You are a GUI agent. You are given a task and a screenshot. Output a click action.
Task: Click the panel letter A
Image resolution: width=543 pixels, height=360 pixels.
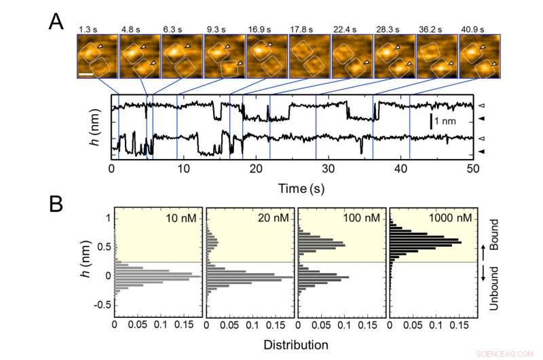[57, 22]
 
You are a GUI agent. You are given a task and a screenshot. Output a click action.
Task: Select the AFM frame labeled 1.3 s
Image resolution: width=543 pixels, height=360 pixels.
[97, 57]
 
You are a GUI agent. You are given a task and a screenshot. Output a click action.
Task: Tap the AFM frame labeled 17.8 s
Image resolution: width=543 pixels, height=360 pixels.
[310, 57]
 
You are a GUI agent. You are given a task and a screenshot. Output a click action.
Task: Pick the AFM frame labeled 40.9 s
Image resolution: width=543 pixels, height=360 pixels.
[479, 57]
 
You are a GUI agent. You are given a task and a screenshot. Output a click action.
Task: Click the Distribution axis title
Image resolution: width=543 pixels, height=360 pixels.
[296, 344]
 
